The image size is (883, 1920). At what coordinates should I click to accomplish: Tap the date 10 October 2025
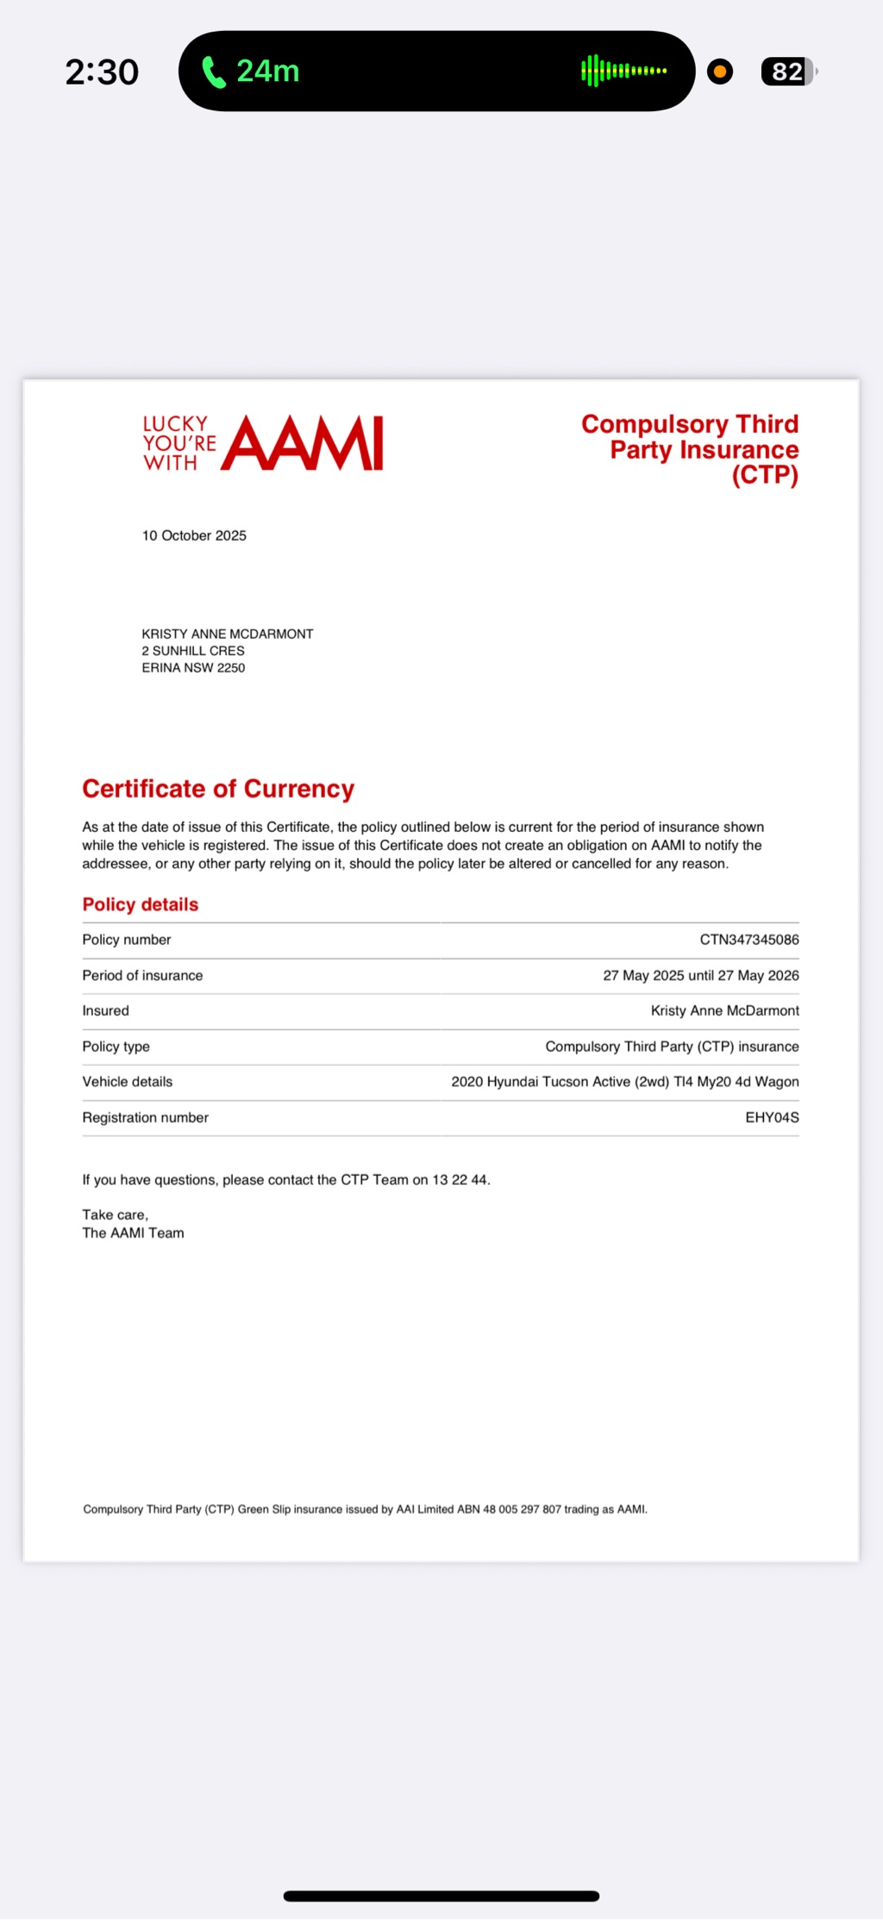pyautogui.click(x=194, y=535)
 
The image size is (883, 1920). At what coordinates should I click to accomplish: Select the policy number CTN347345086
pyautogui.click(x=748, y=940)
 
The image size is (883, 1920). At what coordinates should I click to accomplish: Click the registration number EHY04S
pyautogui.click(x=772, y=1117)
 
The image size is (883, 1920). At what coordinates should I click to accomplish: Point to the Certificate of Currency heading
pyautogui.click(x=218, y=789)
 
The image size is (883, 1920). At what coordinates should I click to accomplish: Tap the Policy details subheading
pyautogui.click(x=141, y=904)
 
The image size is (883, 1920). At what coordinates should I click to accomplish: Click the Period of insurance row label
pyautogui.click(x=142, y=975)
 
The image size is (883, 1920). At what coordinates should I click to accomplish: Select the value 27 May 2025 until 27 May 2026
pyautogui.click(x=700, y=975)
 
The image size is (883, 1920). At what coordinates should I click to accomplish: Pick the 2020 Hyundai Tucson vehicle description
pyautogui.click(x=624, y=1082)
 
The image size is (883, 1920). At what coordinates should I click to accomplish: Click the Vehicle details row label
pyautogui.click(x=128, y=1082)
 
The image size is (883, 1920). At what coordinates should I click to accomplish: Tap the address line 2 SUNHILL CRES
pyautogui.click(x=193, y=651)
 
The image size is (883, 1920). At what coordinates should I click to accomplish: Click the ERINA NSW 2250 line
pyautogui.click(x=193, y=668)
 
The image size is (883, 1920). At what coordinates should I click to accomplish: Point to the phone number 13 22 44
pyautogui.click(x=460, y=1180)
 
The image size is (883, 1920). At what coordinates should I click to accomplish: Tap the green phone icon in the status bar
pyautogui.click(x=213, y=72)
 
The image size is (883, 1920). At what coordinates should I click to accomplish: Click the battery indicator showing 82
pyautogui.click(x=787, y=72)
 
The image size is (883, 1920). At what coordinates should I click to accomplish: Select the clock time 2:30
pyautogui.click(x=102, y=72)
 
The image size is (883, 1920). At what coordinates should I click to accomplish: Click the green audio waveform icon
pyautogui.click(x=623, y=71)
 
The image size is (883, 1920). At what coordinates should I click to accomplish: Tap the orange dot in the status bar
pyautogui.click(x=719, y=72)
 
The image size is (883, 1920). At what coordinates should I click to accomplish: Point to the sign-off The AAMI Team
pyautogui.click(x=133, y=1234)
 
